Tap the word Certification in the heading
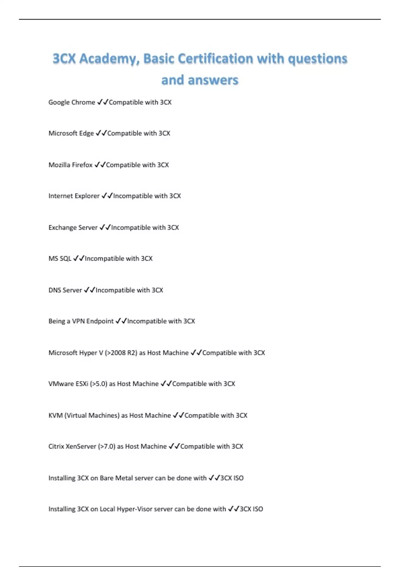(215, 59)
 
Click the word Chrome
(83, 102)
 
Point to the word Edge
(86, 133)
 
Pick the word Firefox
(83, 165)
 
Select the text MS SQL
(60, 258)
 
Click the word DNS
(54, 290)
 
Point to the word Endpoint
(100, 321)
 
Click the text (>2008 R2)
(121, 353)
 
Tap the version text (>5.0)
(98, 384)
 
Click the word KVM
(55, 416)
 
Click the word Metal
(124, 478)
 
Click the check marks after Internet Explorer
(107, 196)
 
